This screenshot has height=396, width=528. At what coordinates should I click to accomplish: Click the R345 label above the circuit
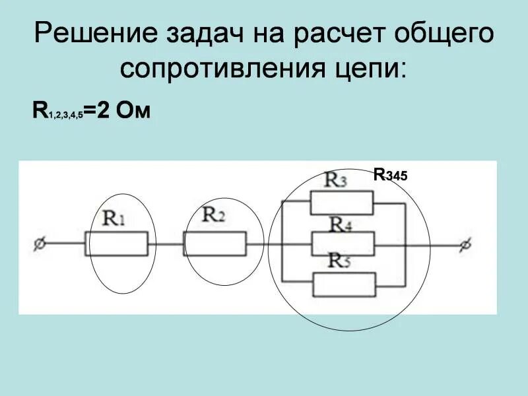(391, 176)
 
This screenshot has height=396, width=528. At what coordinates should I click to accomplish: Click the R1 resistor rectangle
(116, 244)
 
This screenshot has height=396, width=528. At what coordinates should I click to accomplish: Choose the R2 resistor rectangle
(214, 244)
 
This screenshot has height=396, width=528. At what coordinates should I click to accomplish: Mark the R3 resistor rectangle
(343, 201)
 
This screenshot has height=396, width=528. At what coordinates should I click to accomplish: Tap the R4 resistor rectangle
(343, 244)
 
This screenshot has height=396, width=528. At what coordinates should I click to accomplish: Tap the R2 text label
(214, 214)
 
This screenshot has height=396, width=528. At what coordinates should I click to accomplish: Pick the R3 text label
(335, 180)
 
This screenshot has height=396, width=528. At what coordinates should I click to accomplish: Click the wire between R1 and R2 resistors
(166, 244)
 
